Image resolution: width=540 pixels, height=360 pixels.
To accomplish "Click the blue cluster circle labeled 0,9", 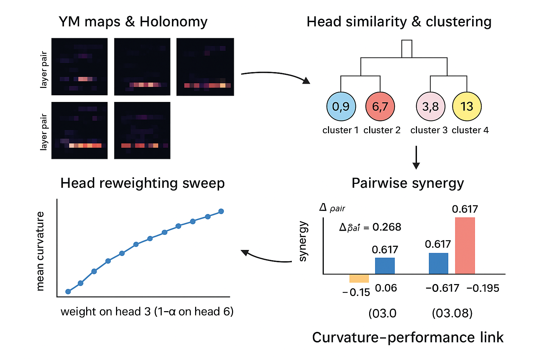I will (341, 106).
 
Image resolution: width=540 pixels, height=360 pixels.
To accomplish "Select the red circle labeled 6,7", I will (380, 106).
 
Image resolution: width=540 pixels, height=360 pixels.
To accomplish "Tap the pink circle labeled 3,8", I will (430, 106).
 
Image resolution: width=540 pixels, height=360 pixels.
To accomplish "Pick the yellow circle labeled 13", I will (467, 106).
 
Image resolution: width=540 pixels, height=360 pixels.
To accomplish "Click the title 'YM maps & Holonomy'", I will (133, 22).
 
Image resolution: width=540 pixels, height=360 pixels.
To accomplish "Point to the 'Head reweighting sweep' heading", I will (142, 183).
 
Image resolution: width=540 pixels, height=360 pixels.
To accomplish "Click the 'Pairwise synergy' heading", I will (407, 183).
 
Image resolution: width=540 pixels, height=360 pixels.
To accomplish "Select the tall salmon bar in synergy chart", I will (465, 245).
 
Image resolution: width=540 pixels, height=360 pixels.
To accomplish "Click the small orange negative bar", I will (359, 278).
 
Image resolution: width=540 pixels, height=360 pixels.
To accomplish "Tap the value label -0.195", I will (483, 288).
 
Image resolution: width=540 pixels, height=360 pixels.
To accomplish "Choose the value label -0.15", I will (356, 292).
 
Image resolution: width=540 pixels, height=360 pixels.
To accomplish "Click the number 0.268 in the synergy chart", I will (387, 227).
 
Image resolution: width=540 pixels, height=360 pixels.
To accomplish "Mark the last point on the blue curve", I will (221, 211).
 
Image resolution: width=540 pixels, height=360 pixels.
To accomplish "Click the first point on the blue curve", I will (68, 291).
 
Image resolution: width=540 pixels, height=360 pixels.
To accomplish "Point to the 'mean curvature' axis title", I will (40, 251).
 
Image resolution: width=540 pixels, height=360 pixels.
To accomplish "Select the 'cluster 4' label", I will (470, 130).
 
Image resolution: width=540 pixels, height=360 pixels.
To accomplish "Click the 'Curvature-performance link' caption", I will (407, 337).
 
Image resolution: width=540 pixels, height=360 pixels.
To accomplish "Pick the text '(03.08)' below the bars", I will (452, 313).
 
